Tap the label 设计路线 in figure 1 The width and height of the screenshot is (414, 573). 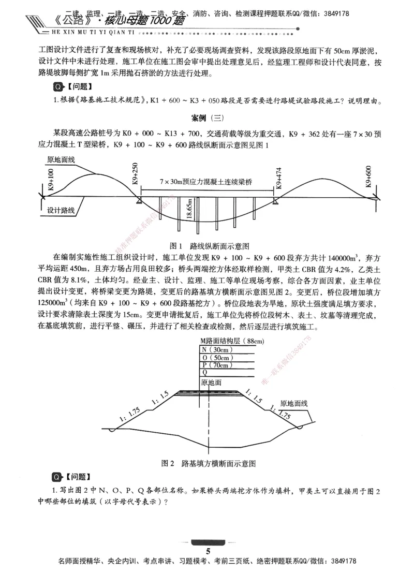coord(61,211)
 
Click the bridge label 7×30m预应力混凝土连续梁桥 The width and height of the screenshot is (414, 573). coord(206,182)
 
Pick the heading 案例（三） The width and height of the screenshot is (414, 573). coord(206,117)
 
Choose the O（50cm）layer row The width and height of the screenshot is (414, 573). coord(217,357)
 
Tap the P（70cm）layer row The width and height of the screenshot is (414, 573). coord(217,365)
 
